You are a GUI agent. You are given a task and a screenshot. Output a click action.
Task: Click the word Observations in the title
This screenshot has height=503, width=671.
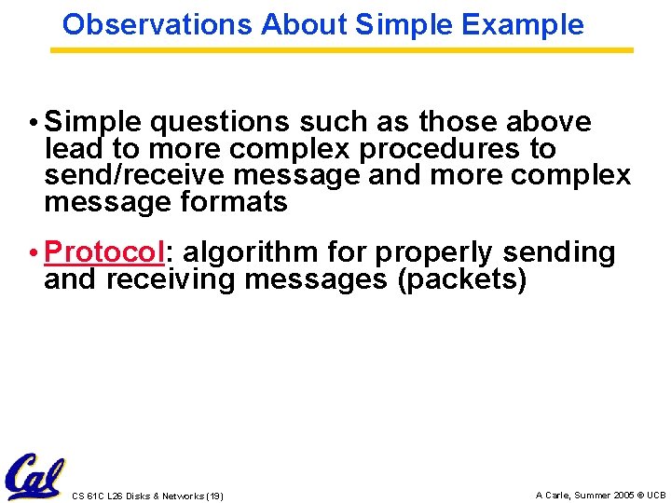(x=157, y=25)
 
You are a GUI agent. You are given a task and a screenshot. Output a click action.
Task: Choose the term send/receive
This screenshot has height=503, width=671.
(x=127, y=175)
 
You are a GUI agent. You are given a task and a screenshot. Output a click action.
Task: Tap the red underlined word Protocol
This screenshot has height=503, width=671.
(x=104, y=252)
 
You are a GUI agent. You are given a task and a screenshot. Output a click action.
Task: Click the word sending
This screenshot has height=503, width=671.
(x=560, y=252)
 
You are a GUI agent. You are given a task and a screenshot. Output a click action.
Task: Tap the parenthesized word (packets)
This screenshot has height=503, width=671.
(x=462, y=279)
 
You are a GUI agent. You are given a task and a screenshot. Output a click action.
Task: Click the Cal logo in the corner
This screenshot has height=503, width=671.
(x=34, y=476)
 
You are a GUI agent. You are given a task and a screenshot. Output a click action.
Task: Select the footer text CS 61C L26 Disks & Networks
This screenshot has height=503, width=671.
(x=136, y=496)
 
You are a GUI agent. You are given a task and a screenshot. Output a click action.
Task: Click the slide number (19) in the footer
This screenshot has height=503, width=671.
(x=212, y=496)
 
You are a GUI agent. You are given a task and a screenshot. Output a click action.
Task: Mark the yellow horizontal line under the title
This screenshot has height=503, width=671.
(x=341, y=50)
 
